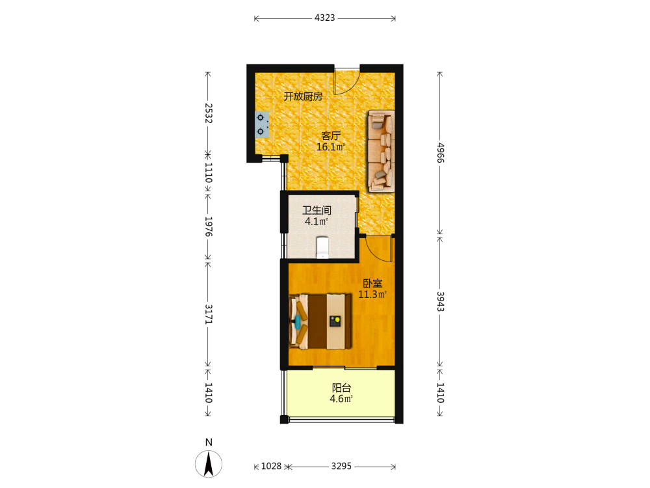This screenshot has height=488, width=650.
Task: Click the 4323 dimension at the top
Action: (x=324, y=18)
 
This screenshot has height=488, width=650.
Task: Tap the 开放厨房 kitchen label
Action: (x=303, y=96)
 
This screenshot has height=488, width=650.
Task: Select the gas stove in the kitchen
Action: (x=262, y=124)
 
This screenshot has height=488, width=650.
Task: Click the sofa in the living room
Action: (x=382, y=151)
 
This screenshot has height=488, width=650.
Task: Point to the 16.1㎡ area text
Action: (x=330, y=147)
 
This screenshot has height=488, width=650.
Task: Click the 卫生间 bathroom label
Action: (x=317, y=210)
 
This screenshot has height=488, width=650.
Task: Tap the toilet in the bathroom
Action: (x=322, y=247)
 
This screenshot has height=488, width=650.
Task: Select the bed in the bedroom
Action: (x=320, y=321)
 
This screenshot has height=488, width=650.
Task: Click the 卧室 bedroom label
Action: (x=372, y=284)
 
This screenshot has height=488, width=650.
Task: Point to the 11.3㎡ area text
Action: (x=372, y=295)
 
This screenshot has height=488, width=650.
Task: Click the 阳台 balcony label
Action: (x=342, y=388)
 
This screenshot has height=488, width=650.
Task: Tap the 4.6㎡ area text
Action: (x=341, y=400)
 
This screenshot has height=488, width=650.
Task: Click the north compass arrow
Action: (x=209, y=463)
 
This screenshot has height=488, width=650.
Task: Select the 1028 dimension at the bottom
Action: (x=271, y=467)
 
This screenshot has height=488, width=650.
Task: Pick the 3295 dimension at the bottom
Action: (x=341, y=467)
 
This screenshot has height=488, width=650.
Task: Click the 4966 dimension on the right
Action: (x=440, y=153)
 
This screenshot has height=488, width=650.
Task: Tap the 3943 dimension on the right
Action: (x=440, y=302)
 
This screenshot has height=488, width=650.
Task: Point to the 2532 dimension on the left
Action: (x=209, y=113)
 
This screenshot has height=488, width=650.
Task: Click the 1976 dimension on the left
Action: (x=209, y=226)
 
